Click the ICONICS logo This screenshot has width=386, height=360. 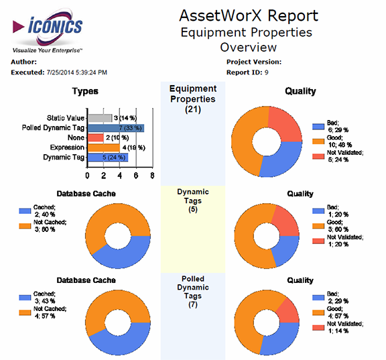point(48,30)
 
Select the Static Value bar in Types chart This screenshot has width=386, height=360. point(100,118)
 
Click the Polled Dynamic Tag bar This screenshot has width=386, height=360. point(116,128)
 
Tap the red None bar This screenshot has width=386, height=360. point(96,137)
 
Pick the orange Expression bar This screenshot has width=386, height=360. point(104,147)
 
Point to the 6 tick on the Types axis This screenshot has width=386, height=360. point(136,176)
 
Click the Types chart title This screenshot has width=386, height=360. point(85,91)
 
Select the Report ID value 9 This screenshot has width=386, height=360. point(266,72)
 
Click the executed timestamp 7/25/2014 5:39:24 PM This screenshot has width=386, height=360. point(77,72)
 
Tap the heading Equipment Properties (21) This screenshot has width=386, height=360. point(193,99)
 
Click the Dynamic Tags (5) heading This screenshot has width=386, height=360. point(193,200)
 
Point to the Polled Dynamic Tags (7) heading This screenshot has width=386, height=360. point(193,292)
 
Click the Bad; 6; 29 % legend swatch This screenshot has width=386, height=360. point(318,127)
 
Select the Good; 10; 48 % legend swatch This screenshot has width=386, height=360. point(318,141)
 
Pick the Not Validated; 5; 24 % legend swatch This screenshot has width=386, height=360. point(318,156)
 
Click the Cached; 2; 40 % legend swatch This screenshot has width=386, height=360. point(25,211)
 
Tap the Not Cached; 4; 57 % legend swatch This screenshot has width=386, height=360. point(25,312)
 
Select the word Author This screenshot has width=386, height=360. point(23,62)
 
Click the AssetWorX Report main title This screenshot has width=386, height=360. point(249,15)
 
